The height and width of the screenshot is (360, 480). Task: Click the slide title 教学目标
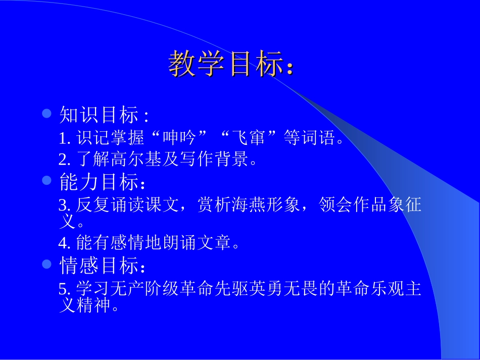pos(230,64)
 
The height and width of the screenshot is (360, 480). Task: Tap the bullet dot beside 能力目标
pos(47,180)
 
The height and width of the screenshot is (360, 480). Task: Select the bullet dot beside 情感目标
pos(47,264)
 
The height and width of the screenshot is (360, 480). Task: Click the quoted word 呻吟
pos(178,138)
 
